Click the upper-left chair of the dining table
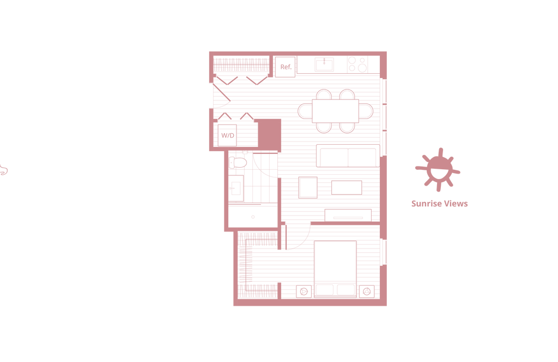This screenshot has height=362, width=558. (325, 96)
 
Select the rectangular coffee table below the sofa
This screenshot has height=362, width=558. (347, 187)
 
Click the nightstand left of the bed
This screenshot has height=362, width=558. (303, 290)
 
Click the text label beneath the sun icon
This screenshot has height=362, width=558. (439, 205)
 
